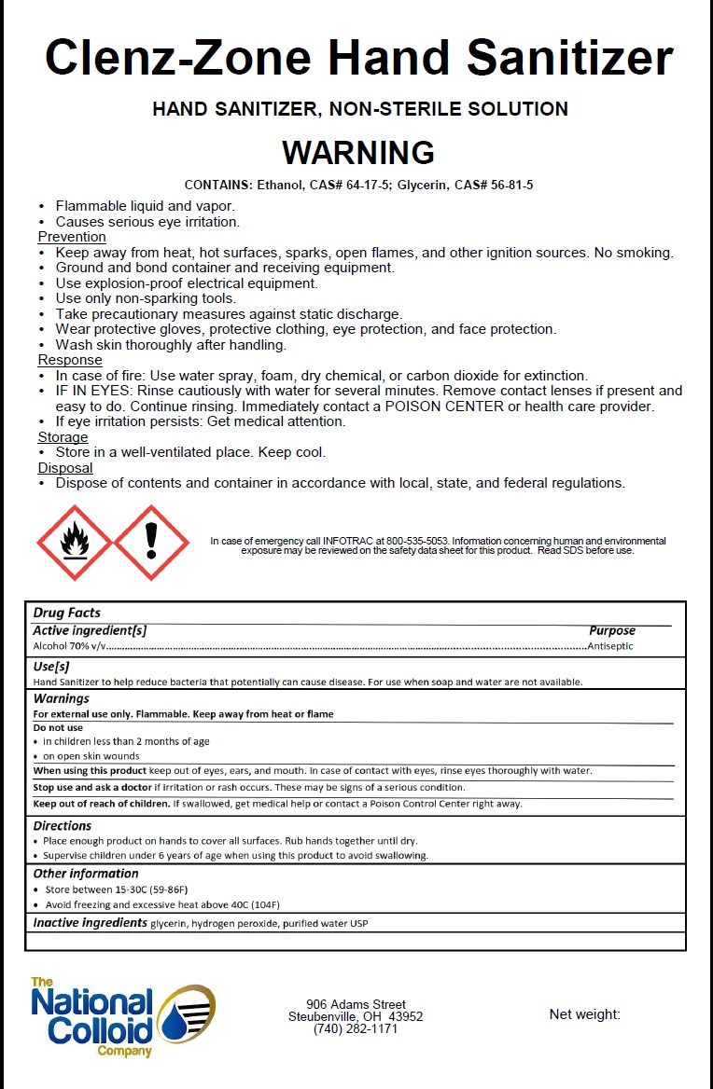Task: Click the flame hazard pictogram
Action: (x=74, y=542)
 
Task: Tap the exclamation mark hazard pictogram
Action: (x=152, y=542)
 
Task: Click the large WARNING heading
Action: (x=358, y=152)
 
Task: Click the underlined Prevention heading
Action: (x=72, y=237)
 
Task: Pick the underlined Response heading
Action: (x=70, y=360)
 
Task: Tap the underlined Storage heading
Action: (x=63, y=437)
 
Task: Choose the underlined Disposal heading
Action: (x=65, y=468)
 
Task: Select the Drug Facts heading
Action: (x=66, y=613)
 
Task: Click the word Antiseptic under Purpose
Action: (x=610, y=645)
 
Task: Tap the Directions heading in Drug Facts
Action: (x=63, y=825)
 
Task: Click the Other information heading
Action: (x=86, y=874)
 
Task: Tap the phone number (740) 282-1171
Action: (x=356, y=1028)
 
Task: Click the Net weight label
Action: (x=584, y=1014)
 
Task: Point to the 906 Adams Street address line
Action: (x=356, y=1004)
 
